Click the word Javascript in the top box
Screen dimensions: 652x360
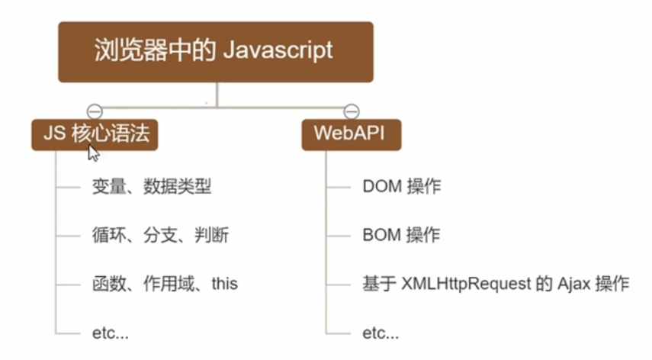tap(278, 50)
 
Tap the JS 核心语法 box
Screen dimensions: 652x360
tap(95, 135)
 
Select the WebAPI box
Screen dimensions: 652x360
tap(352, 135)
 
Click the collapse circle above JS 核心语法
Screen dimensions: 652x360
tap(95, 111)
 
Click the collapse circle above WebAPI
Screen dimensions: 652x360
tap(352, 111)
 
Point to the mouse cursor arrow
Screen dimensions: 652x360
tap(94, 153)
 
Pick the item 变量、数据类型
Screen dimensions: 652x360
tap(152, 186)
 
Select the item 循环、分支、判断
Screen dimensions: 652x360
tap(160, 235)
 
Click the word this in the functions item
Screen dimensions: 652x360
tap(224, 284)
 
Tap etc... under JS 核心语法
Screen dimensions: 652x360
tap(110, 333)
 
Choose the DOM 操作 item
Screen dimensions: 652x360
tap(402, 186)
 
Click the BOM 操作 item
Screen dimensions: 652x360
tap(401, 235)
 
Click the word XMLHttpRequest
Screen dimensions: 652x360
tap(466, 284)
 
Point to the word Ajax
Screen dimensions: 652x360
tap(573, 284)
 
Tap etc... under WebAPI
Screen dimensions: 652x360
tap(381, 333)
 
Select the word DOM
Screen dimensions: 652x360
tap(382, 186)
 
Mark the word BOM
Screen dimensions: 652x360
tap(382, 235)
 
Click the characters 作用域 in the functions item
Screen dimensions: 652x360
tap(169, 284)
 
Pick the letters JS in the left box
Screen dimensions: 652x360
tap(54, 133)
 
